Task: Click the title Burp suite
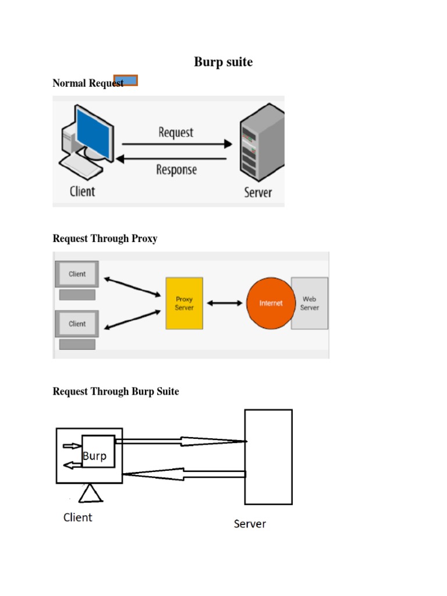[x=223, y=62]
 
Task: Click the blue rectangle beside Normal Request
[x=126, y=80]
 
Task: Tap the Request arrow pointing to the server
[x=175, y=143]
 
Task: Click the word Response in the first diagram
[x=176, y=170]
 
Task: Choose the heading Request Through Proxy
[x=105, y=239]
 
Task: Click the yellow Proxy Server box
[x=185, y=303]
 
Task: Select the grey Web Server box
[x=310, y=303]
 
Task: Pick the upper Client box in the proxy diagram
[x=77, y=274]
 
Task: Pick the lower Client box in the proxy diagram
[x=77, y=324]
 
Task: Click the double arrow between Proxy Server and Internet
[x=224, y=303]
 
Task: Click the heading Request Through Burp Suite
[x=116, y=392]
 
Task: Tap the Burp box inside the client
[x=98, y=452]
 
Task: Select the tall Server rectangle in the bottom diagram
[x=268, y=456]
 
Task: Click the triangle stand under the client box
[x=91, y=494]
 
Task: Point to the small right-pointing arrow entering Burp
[x=72, y=446]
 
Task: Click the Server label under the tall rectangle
[x=250, y=524]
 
